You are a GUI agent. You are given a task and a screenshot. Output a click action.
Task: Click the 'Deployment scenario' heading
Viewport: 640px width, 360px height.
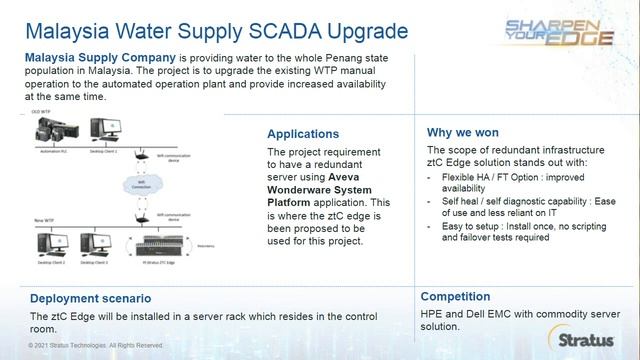90,298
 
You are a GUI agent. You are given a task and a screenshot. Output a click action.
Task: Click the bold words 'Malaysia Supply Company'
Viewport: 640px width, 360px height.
104,57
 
